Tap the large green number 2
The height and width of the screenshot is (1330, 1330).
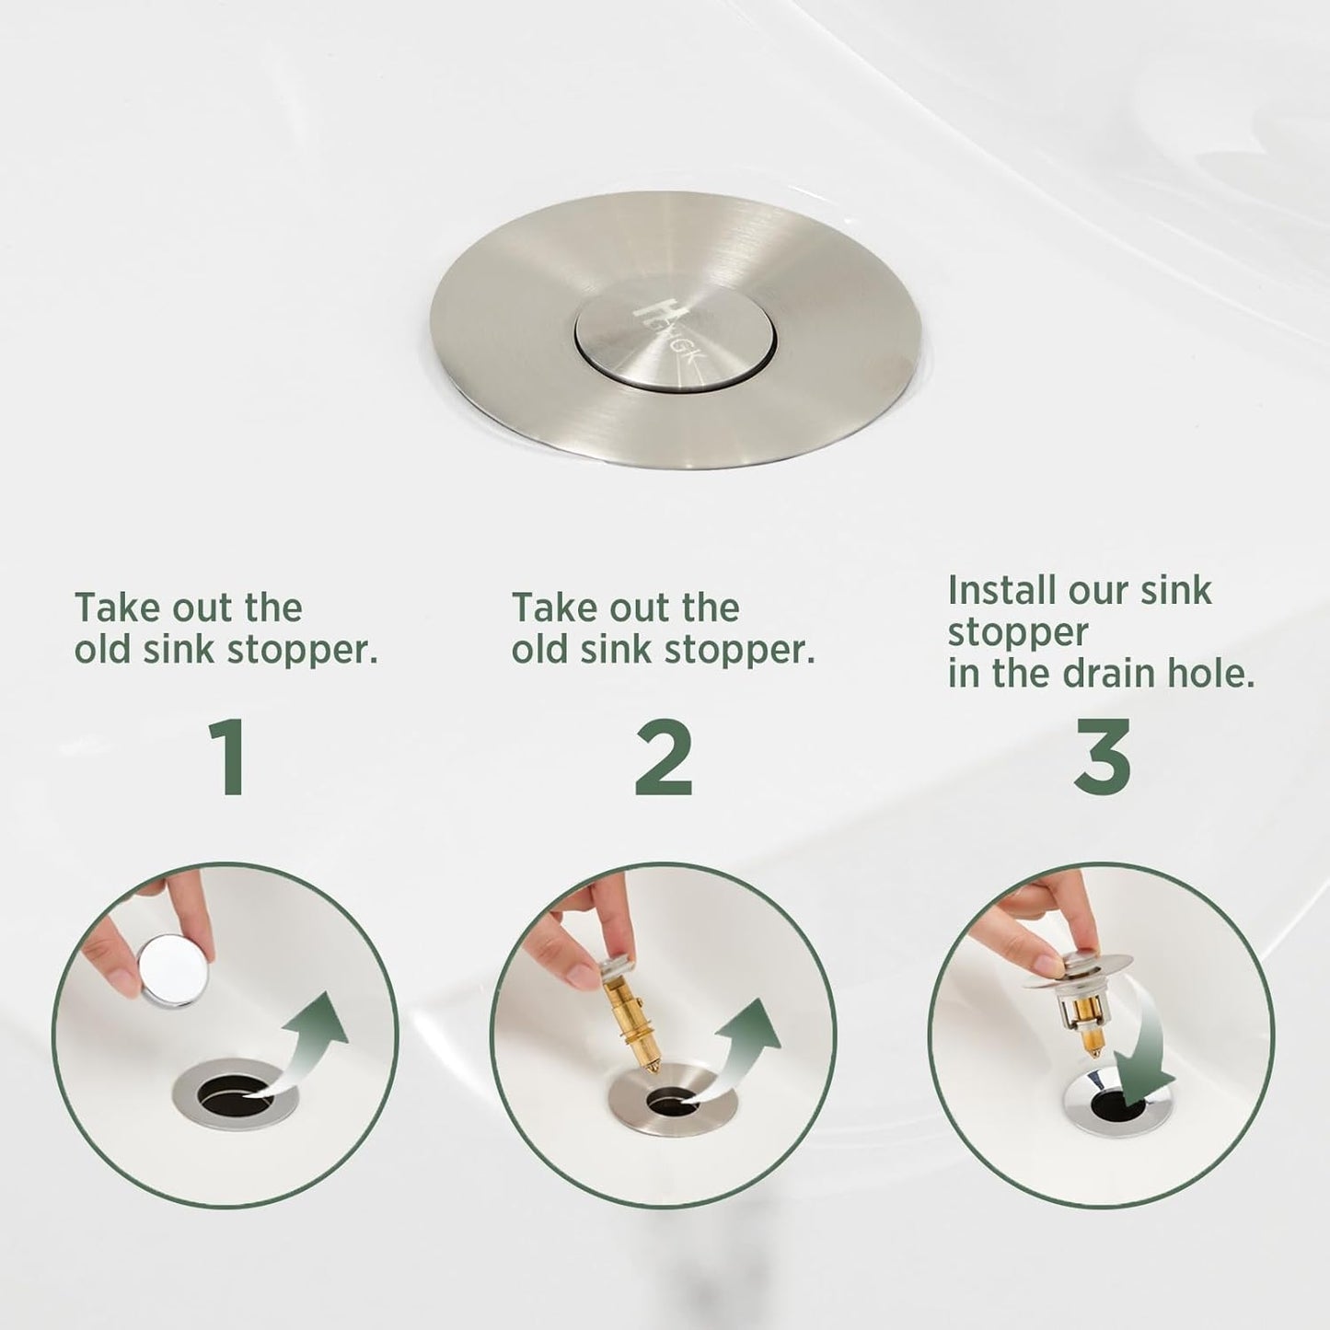(x=664, y=758)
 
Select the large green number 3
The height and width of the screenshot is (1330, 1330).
(x=1103, y=758)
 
